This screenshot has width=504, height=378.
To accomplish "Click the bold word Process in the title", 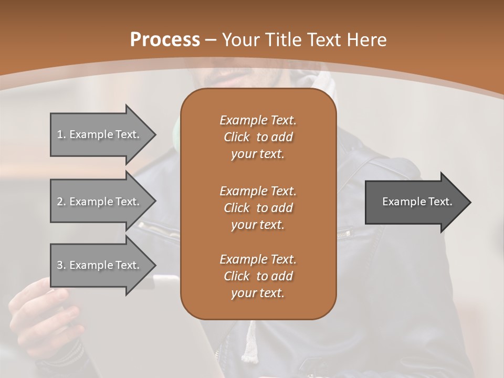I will pos(165,40).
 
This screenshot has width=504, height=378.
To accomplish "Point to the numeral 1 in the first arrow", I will pos(59,134).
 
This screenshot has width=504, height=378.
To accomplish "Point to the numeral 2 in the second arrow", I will pos(59,202).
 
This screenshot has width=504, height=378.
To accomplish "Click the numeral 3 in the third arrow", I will pos(59,265).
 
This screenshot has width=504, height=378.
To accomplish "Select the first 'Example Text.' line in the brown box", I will pos(258,120).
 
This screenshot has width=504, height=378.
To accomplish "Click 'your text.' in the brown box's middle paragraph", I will pos(258,225).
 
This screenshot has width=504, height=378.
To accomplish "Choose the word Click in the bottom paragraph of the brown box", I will pos(236,276).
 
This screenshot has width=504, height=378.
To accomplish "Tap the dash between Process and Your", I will pos(211,40).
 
